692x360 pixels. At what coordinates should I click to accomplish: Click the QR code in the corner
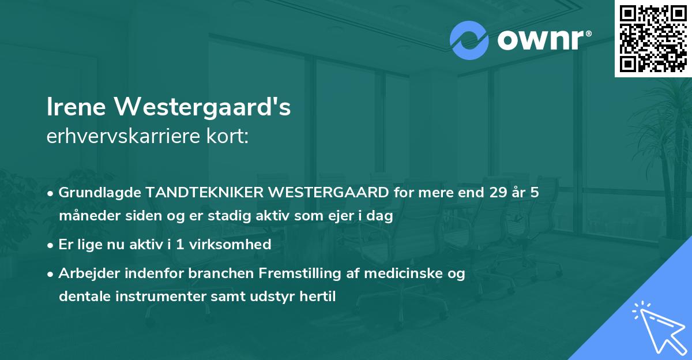653,39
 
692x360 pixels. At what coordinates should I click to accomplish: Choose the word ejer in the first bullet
328,217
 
